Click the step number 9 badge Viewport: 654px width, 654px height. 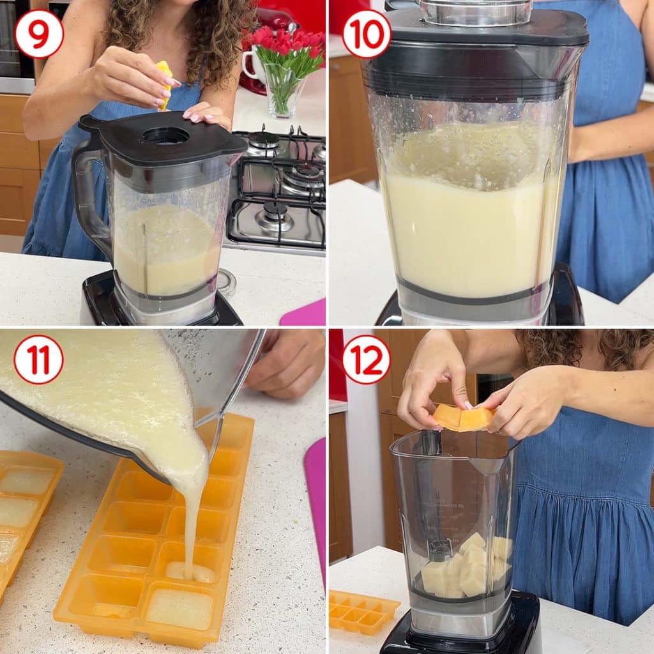pos(38,34)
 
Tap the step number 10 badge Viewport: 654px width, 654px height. pos(366,34)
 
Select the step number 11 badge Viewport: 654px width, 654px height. pos(38,360)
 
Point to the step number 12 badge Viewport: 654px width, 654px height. pos(366,360)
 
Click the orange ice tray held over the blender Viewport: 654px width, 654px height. pos(463,417)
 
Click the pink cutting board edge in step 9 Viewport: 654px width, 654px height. pos(303,313)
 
